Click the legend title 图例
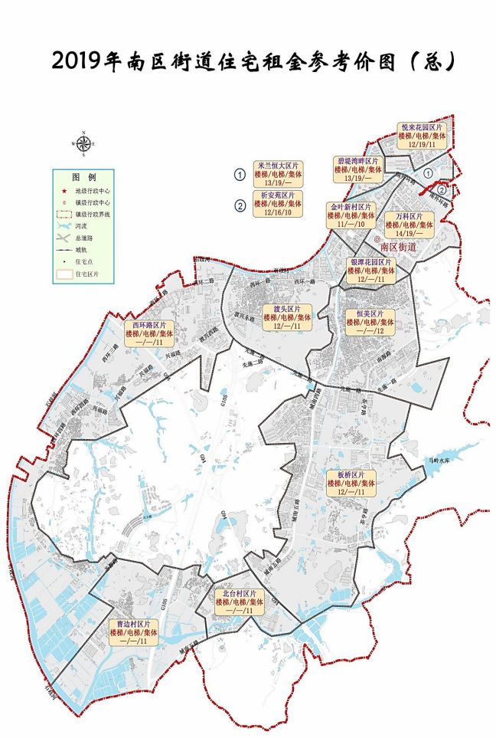pyautogui.click(x=84, y=176)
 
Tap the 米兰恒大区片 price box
pyautogui.click(x=279, y=174)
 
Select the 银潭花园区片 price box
pyautogui.click(x=370, y=271)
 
